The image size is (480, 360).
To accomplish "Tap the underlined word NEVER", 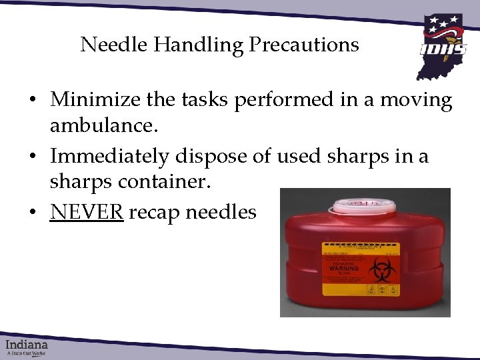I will [x=86, y=212].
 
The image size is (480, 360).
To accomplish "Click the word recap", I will [x=155, y=213].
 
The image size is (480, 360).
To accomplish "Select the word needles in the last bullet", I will [x=221, y=212].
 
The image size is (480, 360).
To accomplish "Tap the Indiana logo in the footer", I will [x=27, y=347].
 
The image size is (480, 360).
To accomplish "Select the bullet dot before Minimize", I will [x=32, y=101].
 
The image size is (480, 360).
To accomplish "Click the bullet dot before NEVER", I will [x=32, y=213].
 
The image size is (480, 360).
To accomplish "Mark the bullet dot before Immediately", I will [x=32, y=157].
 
